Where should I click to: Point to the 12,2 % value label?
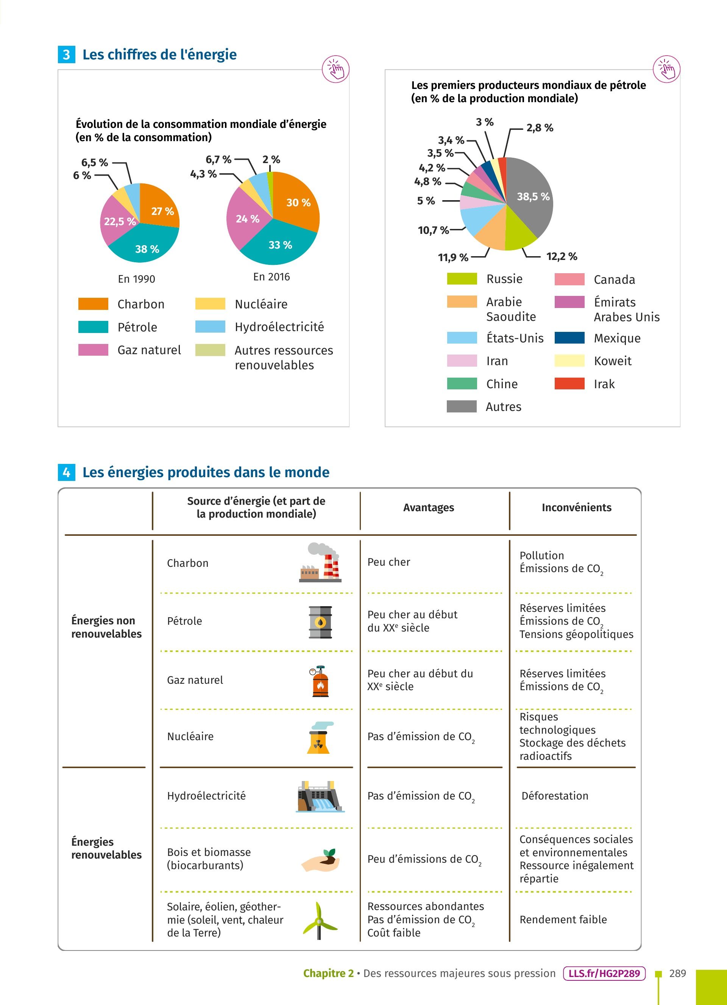tap(562, 257)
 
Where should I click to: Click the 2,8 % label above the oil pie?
tap(540, 128)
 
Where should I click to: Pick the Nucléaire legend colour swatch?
tap(210, 304)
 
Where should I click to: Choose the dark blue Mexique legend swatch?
tap(569, 338)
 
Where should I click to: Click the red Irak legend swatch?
tap(569, 384)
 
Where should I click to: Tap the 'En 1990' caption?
tap(137, 279)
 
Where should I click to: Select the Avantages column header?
tap(428, 507)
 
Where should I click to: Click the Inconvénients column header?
tap(576, 507)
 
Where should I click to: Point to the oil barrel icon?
tap(320, 622)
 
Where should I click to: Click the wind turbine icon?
tap(319, 920)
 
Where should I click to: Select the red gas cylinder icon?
tap(320, 681)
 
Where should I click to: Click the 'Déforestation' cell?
tap(555, 796)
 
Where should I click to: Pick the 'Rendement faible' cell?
tap(563, 919)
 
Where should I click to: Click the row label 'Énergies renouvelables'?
tap(106, 848)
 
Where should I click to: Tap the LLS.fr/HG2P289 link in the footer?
tap(604, 974)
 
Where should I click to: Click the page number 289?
tap(677, 974)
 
